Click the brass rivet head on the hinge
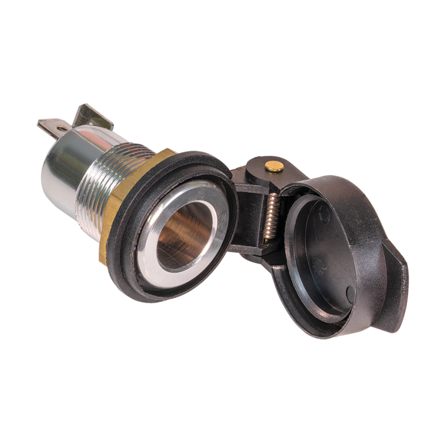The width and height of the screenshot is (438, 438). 274,166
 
